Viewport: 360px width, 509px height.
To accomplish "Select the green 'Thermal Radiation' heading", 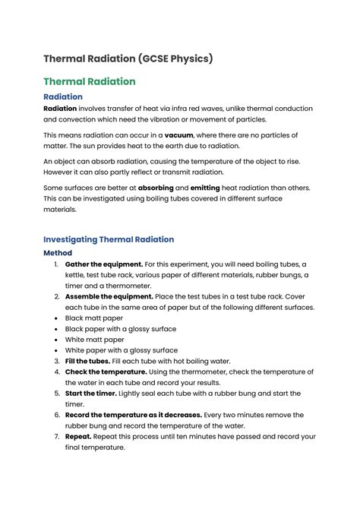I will coord(90,81).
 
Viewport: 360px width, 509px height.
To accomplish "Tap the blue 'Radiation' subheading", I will coord(63,97).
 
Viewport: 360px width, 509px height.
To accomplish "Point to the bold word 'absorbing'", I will coord(156,187).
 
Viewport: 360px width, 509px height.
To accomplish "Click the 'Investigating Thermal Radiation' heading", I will coord(109,239).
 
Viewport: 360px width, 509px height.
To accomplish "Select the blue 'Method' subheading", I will coord(58,253).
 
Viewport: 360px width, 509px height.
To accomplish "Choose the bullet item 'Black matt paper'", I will coord(94,318).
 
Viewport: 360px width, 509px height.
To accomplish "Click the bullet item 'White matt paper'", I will coord(95,340).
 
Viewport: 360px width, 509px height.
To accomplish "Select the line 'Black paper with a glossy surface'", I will coord(121,329).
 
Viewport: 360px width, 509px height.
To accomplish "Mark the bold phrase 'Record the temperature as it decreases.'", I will coord(134,415).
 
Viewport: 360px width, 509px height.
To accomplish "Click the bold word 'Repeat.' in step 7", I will coord(81,437).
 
